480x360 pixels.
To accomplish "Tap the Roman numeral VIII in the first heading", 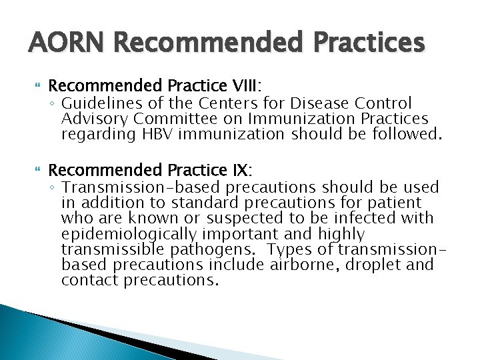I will (245, 87).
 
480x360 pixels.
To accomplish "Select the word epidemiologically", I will (129, 234).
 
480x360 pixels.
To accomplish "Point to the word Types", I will (300, 249).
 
